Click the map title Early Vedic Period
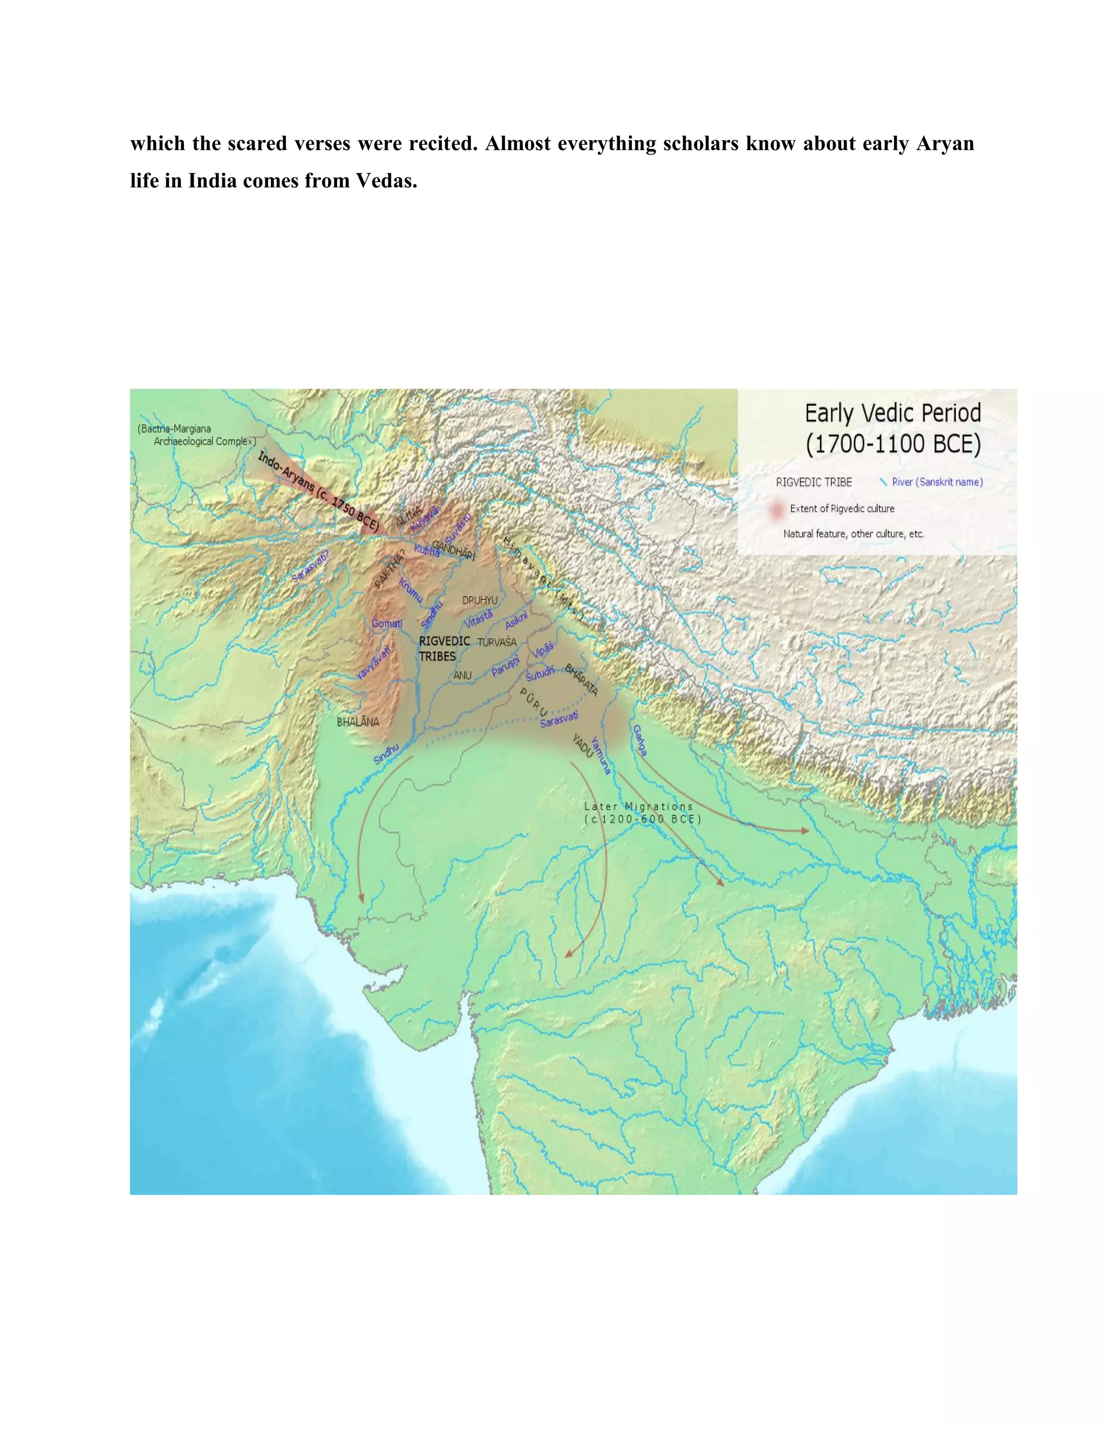click(x=892, y=414)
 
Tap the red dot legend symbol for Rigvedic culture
click(x=776, y=509)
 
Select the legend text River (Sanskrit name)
click(x=937, y=482)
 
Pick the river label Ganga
click(x=639, y=740)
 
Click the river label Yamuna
click(x=601, y=755)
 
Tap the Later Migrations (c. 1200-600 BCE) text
click(x=642, y=813)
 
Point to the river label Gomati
click(x=387, y=623)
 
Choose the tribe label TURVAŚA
click(x=497, y=642)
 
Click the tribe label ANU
click(x=462, y=675)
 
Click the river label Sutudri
click(x=540, y=673)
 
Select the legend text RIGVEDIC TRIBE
click(x=814, y=482)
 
